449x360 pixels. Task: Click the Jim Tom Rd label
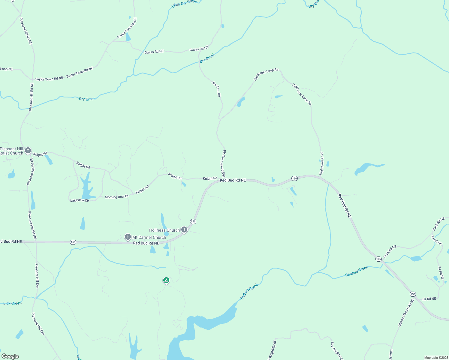coord(216,89)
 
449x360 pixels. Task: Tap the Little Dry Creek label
coord(184,3)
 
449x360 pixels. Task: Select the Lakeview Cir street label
coord(80,200)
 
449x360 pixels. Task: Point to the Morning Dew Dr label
coord(116,197)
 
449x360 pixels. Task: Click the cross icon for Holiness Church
coord(184,230)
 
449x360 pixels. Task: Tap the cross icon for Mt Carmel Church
coord(128,237)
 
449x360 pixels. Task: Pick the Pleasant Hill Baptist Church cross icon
coord(28,150)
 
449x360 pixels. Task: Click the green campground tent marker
coord(166,280)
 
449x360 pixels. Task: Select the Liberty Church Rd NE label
coord(406,313)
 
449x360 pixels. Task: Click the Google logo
coord(10,356)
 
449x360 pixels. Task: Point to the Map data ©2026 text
coord(435,358)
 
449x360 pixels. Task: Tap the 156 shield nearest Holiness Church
coord(193,221)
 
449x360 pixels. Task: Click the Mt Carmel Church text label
coord(149,237)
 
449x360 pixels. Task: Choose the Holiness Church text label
coord(164,230)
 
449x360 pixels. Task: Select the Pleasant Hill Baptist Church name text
coord(11,151)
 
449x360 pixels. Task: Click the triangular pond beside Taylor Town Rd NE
coord(128,37)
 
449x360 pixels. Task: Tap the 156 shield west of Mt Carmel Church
coord(73,242)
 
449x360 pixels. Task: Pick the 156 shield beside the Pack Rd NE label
coord(378,259)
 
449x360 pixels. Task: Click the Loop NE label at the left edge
coord(6,69)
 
